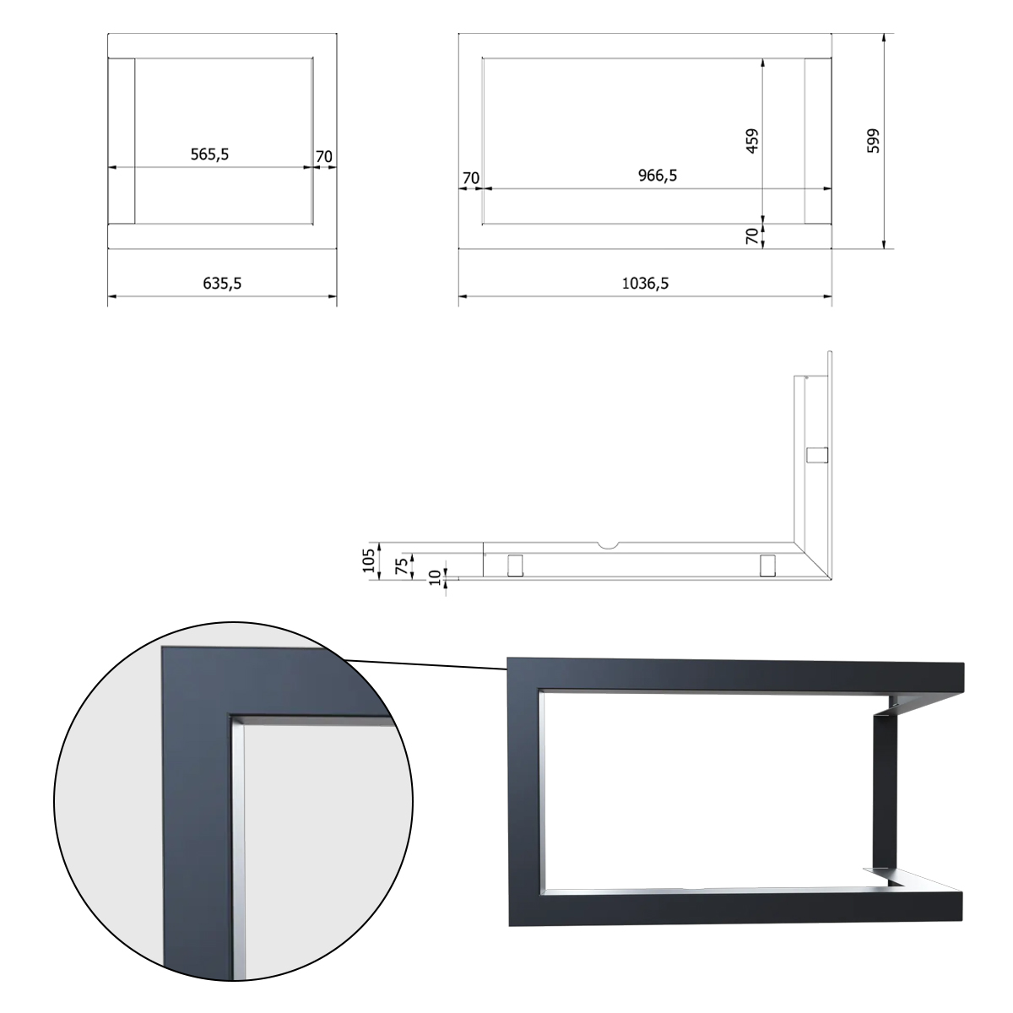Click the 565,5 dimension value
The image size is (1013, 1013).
(x=209, y=154)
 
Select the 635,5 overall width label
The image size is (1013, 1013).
(x=222, y=284)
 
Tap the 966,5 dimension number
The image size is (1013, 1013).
(x=657, y=176)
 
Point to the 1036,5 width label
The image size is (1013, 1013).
(x=645, y=284)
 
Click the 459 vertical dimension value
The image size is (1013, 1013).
(x=753, y=141)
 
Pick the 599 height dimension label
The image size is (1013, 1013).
(x=873, y=141)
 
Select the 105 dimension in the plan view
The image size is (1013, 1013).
(x=369, y=561)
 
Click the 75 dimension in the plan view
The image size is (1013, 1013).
(x=401, y=566)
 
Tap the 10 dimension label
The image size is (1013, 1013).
(x=435, y=577)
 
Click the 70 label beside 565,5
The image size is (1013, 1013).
(x=324, y=157)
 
